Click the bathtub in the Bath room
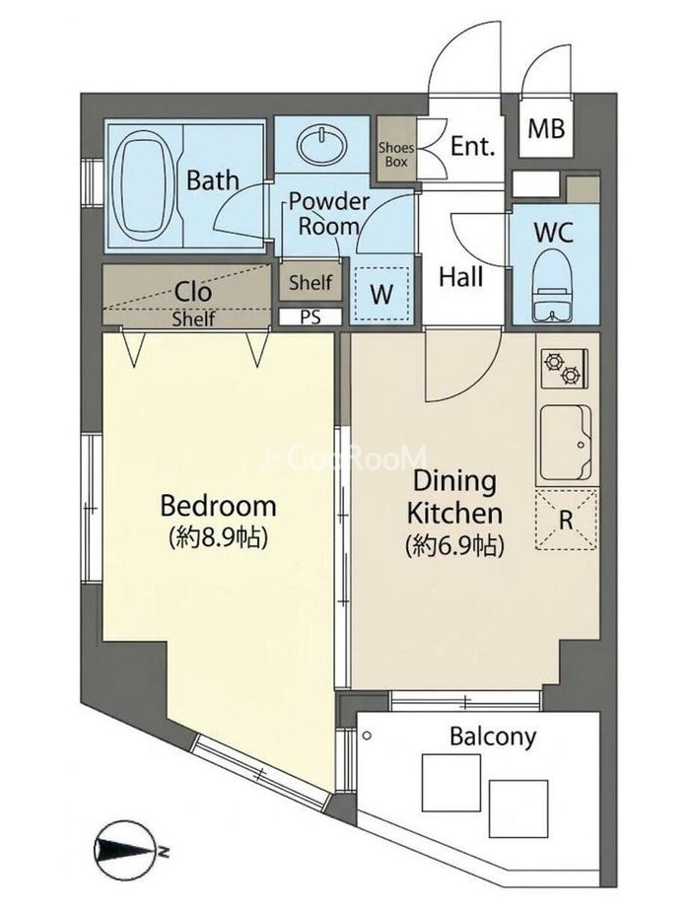pyautogui.click(x=144, y=186)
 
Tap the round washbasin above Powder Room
pyautogui.click(x=322, y=146)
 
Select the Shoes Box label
pyautogui.click(x=396, y=154)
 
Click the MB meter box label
pyautogui.click(x=546, y=129)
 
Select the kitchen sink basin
pyautogui.click(x=566, y=443)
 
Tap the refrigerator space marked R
pyautogui.click(x=566, y=520)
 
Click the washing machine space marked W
pyautogui.click(x=381, y=295)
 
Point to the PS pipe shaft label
pyautogui.click(x=310, y=317)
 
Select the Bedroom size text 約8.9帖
pyautogui.click(x=218, y=537)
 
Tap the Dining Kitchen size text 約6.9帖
pyautogui.click(x=454, y=545)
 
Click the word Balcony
pyautogui.click(x=493, y=737)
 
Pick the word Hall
pyautogui.click(x=461, y=277)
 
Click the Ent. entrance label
pyautogui.click(x=473, y=146)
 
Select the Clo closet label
pyautogui.click(x=193, y=292)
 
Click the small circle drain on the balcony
pyautogui.click(x=366, y=736)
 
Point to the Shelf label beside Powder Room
pyautogui.click(x=311, y=283)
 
